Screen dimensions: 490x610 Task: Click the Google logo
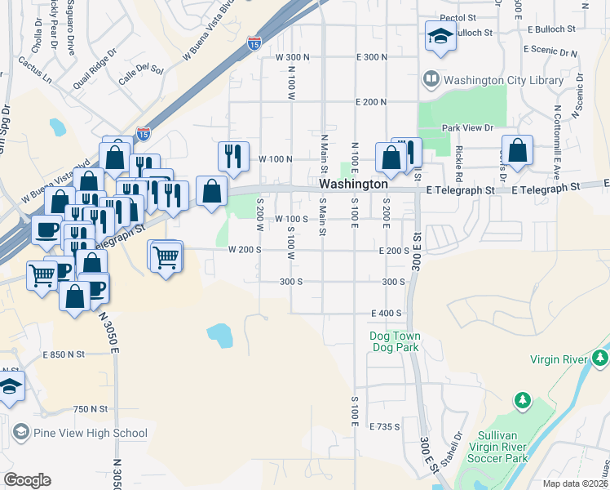point(27,480)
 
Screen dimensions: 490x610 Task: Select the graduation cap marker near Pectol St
point(440,37)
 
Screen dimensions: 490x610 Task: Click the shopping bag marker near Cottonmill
point(517,151)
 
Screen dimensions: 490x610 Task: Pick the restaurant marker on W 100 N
point(233,155)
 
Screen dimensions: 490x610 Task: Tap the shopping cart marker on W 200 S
point(166,257)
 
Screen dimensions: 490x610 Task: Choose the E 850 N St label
point(64,354)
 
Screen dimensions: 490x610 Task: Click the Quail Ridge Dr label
point(90,72)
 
